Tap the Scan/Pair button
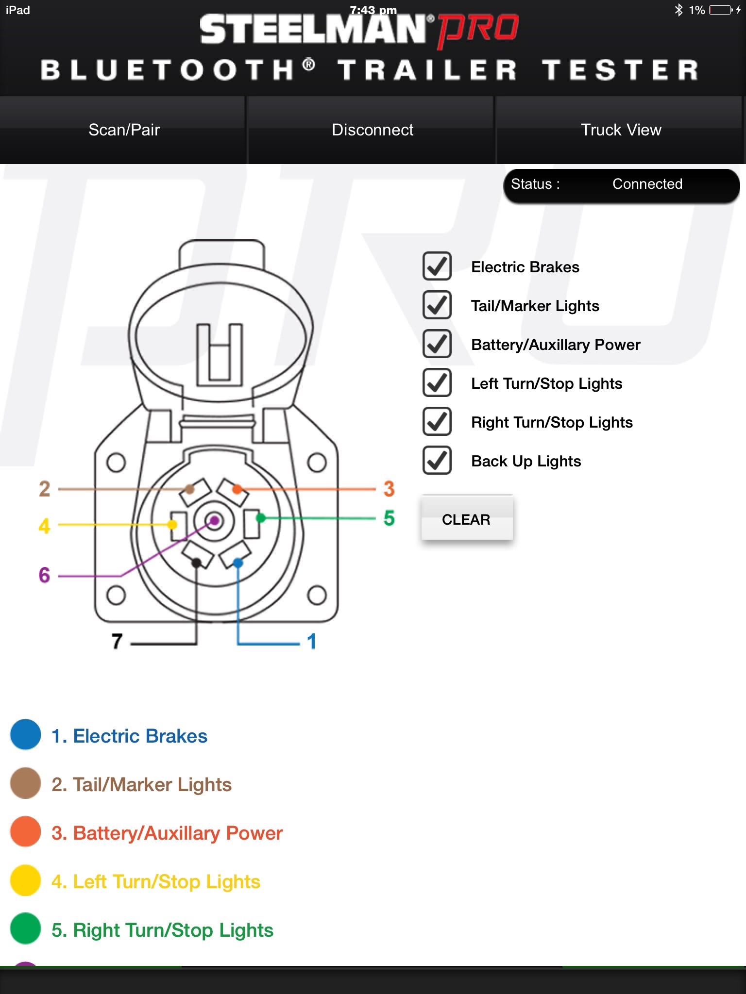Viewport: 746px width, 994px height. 124,130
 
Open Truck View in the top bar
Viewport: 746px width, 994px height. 621,130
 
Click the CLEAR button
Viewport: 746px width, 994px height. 466,519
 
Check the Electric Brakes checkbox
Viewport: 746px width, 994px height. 437,266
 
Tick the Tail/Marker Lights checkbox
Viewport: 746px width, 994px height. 437,305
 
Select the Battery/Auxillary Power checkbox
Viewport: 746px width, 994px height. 437,344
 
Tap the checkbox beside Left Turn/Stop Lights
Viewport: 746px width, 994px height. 437,383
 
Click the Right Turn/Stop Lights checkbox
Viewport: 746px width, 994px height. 437,422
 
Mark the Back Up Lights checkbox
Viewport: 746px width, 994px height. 437,461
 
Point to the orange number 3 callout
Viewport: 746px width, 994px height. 389,489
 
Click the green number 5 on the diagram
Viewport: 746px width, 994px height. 389,518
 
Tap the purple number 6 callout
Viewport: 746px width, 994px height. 44,575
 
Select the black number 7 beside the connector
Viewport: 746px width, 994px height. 117,641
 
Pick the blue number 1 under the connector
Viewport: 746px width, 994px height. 312,641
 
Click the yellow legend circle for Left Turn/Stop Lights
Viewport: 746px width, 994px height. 25,880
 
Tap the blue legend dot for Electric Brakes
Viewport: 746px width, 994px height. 25,735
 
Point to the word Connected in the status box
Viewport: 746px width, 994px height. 647,184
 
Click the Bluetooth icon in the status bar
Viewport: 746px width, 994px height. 678,10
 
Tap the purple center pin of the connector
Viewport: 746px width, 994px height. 215,521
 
